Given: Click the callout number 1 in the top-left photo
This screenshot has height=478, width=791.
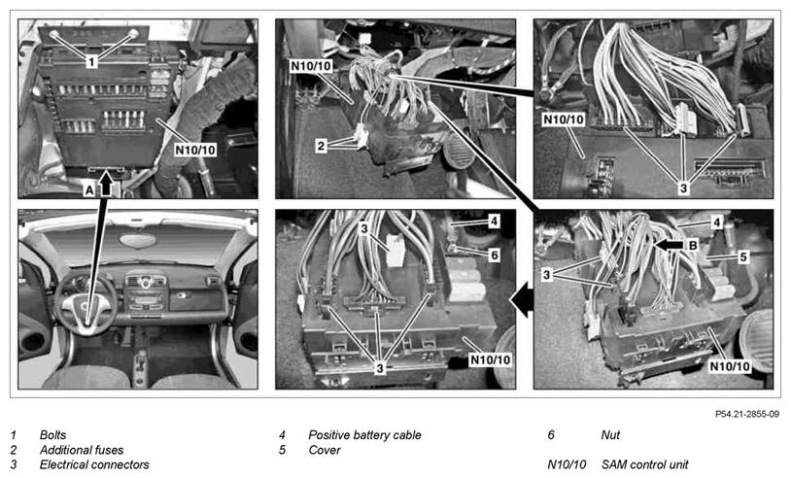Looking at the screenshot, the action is (91, 62).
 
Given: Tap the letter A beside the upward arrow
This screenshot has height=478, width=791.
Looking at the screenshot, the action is (89, 190).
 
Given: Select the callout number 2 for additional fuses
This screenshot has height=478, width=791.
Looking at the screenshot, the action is (322, 147).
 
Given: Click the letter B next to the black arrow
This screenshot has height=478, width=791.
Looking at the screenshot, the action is (693, 246).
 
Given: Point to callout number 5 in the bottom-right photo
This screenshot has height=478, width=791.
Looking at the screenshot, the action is (742, 256).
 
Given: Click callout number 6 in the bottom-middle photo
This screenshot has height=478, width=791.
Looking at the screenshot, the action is (494, 256).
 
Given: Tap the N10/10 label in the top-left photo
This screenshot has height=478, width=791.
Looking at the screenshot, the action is (195, 150).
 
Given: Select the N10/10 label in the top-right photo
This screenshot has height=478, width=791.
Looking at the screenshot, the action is (564, 119).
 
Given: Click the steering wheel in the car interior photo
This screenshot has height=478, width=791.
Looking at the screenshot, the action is (86, 304).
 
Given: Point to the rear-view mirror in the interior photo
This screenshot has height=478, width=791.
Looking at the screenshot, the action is (138, 240).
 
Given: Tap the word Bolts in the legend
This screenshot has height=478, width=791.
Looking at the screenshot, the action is (53, 435).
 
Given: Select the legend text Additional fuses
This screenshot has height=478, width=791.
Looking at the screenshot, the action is (82, 450).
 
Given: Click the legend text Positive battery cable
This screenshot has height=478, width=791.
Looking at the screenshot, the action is (364, 435).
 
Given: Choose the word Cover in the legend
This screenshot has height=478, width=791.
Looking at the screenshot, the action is (325, 450).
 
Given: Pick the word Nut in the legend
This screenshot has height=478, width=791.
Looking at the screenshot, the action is (610, 435).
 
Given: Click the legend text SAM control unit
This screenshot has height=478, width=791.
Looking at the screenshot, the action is (644, 464).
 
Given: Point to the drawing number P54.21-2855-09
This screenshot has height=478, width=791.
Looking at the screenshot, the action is (747, 414).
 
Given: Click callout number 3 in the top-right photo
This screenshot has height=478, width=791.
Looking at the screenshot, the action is (683, 188).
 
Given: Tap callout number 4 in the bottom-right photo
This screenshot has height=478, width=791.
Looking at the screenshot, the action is (717, 222).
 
